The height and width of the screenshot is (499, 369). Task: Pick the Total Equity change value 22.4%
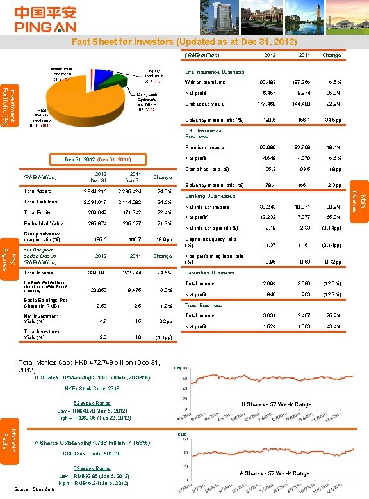165,212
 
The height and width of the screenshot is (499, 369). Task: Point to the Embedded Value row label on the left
44,223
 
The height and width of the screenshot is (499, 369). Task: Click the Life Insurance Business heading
215,72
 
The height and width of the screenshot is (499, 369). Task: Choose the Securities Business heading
209,273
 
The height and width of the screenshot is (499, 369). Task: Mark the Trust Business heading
203,305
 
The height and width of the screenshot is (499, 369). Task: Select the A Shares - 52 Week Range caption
275,473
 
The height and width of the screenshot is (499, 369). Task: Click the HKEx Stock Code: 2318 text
92,388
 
